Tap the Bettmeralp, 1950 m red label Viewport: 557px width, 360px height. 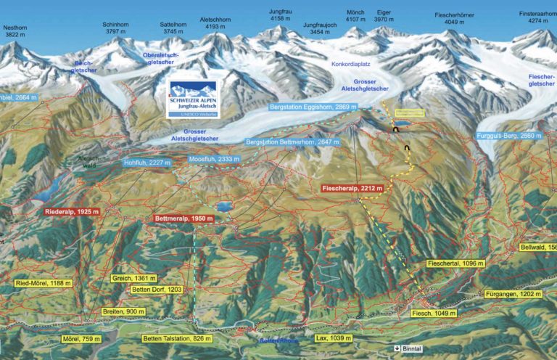[184, 218]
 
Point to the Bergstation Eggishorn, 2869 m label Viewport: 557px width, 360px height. [313, 107]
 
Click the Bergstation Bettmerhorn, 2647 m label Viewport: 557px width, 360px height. [292, 142]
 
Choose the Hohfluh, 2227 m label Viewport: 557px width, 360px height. [148, 163]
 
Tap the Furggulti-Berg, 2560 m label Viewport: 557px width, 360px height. [511, 136]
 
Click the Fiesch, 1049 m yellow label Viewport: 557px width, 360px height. [433, 313]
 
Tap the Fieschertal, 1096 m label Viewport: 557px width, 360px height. [455, 264]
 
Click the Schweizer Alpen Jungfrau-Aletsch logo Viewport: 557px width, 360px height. [195, 99]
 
